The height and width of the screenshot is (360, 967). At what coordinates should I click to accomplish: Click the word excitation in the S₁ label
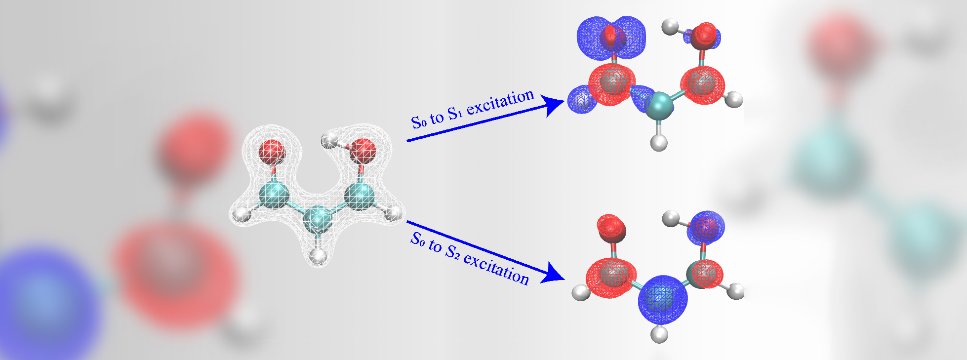500,102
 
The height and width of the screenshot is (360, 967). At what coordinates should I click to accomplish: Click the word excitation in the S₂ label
496,268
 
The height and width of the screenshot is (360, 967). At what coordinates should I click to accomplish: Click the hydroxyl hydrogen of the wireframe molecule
328,141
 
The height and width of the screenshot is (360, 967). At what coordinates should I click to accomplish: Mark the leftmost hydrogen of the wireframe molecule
242,215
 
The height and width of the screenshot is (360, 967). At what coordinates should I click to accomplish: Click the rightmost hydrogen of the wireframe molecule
394,214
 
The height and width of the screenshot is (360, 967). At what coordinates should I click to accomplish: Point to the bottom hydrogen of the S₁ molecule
659,143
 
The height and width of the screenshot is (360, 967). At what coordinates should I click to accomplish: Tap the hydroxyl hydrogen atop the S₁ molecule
670,26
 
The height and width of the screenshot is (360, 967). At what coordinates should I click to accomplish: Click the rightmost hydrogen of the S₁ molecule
735,99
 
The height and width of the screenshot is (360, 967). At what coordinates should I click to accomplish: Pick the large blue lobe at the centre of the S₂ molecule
662,298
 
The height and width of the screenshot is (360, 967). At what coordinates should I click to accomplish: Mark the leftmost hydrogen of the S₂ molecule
580,292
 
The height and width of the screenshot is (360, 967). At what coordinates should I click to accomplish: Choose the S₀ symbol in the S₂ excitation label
418,240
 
